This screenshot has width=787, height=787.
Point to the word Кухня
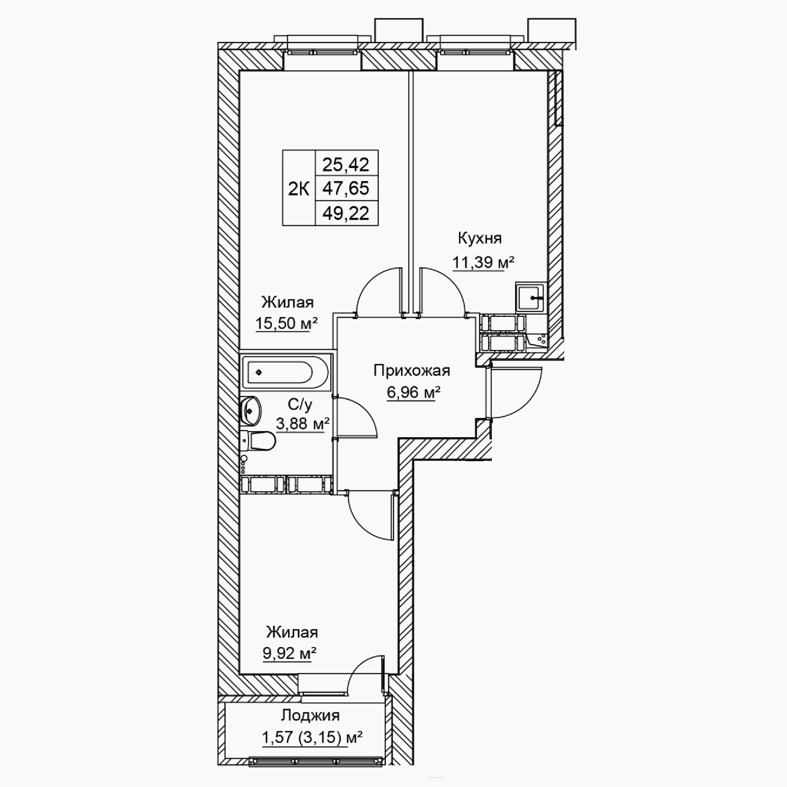(480, 238)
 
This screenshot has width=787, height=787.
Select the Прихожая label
(412, 371)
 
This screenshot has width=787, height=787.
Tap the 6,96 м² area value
(414, 393)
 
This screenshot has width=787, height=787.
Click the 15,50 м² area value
(286, 323)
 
